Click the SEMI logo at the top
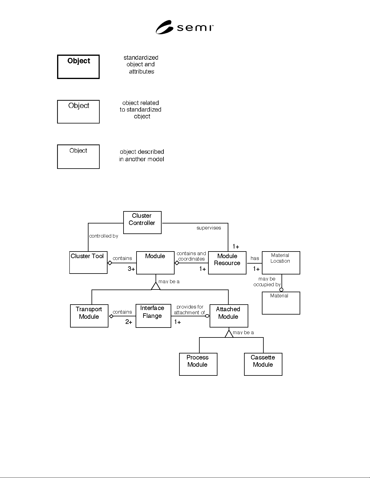[185, 27]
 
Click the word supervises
[209, 228]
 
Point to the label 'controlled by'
[104, 236]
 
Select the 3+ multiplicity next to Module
[131, 269]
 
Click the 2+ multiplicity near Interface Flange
[129, 322]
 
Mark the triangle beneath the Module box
[156, 286]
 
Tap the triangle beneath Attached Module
[229, 334]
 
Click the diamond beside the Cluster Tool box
[110, 263]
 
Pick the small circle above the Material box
[281, 290]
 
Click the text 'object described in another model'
[142, 155]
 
